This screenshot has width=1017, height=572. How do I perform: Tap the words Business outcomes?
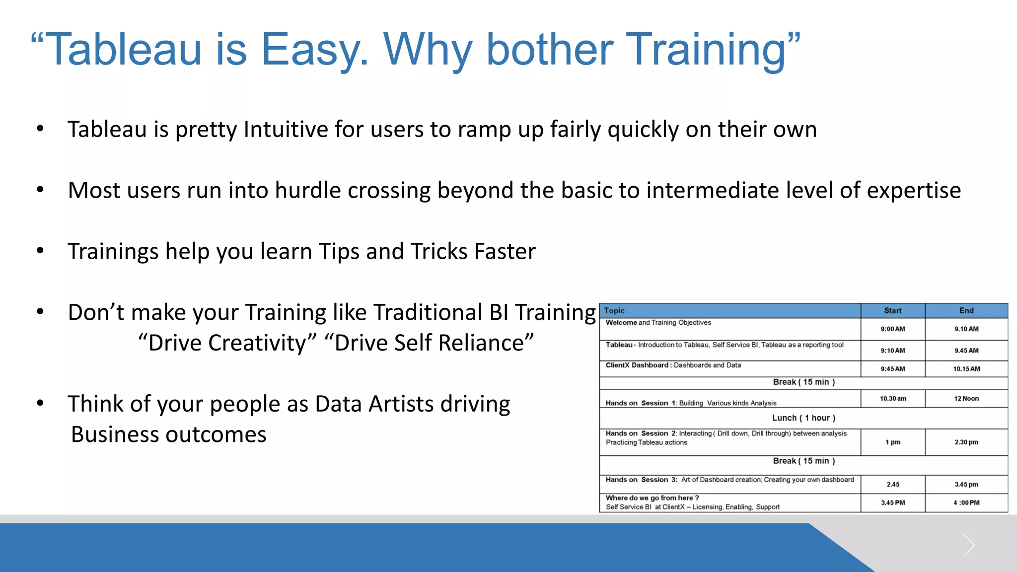169,435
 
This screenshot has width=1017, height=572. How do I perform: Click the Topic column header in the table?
614,311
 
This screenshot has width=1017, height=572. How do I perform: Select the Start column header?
892,311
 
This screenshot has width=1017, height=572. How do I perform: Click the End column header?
966,311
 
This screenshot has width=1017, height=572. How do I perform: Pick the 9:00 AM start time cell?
892,329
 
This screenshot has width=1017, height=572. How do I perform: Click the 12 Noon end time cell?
966,399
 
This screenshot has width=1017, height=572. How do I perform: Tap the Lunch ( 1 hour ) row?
803,418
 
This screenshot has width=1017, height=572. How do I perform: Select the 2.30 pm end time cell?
966,442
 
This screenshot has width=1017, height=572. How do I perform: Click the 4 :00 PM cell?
966,503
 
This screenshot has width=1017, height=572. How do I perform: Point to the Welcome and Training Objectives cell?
658,323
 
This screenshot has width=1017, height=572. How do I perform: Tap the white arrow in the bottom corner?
968,546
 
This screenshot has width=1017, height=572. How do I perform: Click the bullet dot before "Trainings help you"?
40,251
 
